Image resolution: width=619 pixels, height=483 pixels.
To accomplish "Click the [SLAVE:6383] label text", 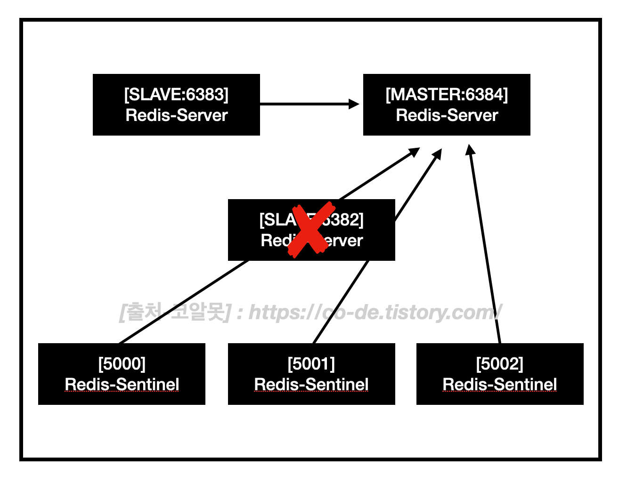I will [176, 95].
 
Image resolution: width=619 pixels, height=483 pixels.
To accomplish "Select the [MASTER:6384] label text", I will [447, 95].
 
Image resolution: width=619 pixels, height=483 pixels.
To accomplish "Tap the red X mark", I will [311, 230].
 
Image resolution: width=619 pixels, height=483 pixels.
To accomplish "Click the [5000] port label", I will [122, 364].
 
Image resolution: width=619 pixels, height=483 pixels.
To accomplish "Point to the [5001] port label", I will [311, 364].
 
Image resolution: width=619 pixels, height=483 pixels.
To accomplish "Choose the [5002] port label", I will [500, 364].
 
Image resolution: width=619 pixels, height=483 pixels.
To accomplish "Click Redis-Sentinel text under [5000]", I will [122, 385].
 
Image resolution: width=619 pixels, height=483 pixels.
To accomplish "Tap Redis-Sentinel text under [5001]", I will [311, 385].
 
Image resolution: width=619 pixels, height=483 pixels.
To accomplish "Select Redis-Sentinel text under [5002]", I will [500, 385].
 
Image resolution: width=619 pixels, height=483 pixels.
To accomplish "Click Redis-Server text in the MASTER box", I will [447, 115].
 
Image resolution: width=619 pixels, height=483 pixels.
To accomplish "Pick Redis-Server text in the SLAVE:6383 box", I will [176, 115].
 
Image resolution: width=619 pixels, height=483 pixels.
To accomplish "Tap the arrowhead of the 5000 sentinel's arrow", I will [414, 151].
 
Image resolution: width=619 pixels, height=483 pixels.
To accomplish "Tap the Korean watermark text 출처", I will [141, 312].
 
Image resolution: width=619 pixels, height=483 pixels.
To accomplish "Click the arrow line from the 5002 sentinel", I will [485, 250].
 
